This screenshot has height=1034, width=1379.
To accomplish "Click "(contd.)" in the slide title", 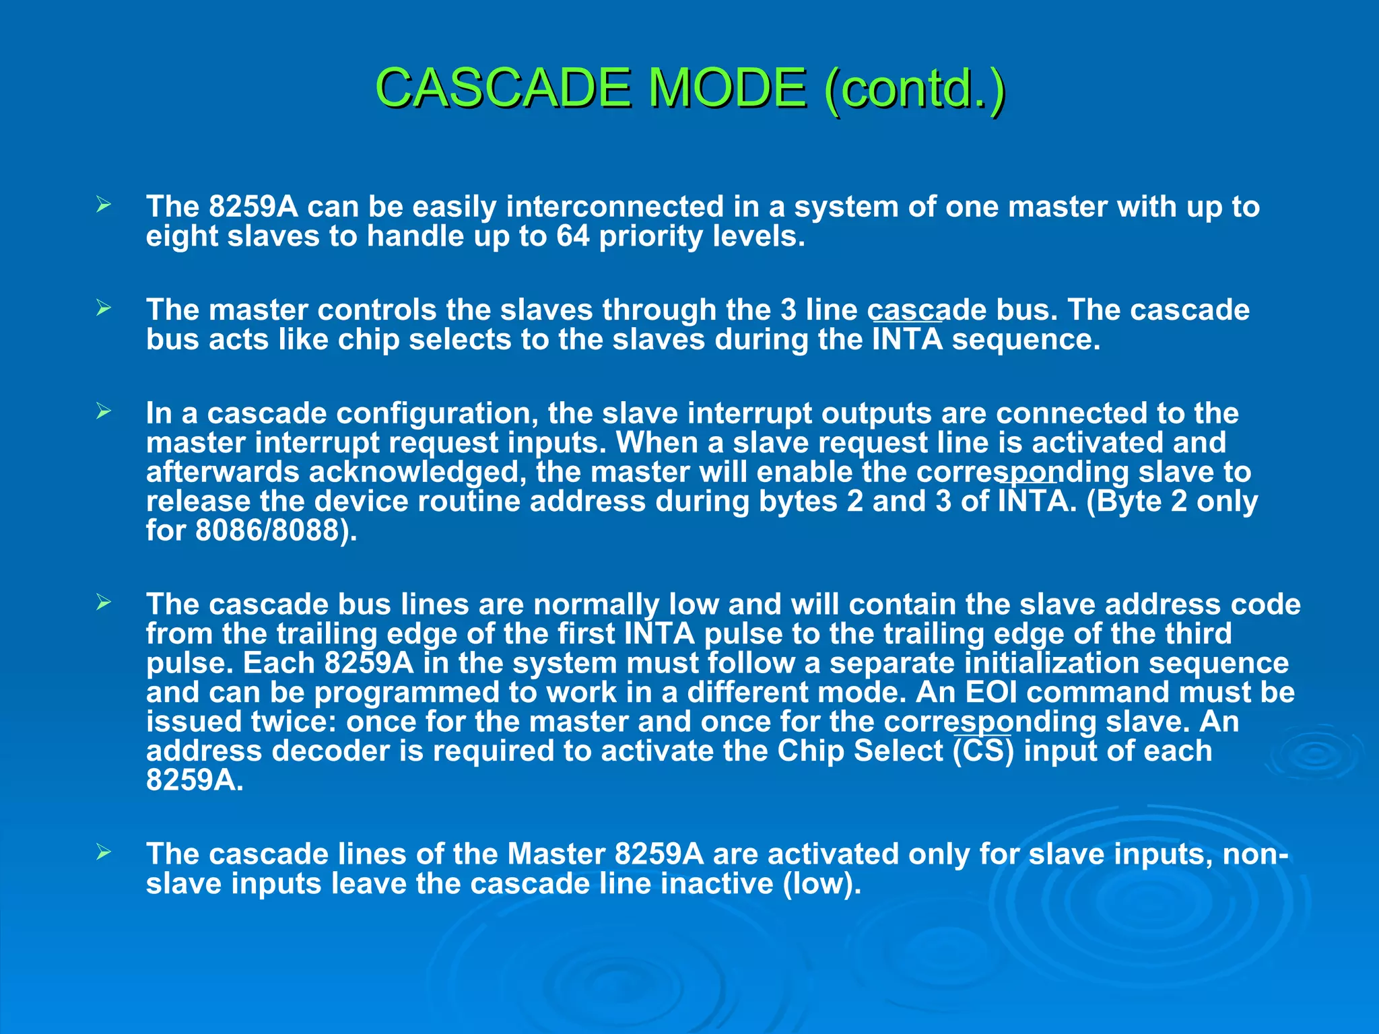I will point(914,88).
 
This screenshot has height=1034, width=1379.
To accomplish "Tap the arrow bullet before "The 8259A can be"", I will point(103,205).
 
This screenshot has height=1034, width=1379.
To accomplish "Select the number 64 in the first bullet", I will point(573,236).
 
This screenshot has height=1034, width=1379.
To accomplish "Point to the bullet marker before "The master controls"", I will point(103,309).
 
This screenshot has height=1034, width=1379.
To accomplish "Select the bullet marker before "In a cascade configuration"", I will point(103,412).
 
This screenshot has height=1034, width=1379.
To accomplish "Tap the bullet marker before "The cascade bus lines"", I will point(103,602).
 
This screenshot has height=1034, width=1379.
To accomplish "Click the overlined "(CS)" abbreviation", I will point(983,751).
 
